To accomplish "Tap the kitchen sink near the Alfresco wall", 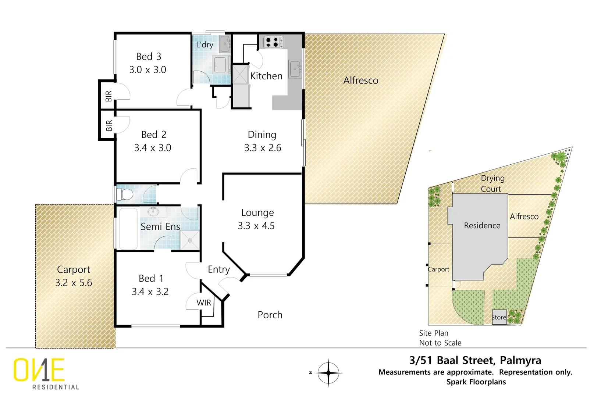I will click(x=295, y=69).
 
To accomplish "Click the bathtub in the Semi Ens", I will click(x=128, y=229).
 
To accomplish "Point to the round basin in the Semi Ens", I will click(x=153, y=211).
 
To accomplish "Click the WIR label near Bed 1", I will click(x=204, y=303).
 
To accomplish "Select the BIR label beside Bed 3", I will click(x=109, y=96).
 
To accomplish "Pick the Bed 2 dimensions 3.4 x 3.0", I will click(x=153, y=148).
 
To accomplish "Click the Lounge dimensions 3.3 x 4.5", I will click(x=256, y=226).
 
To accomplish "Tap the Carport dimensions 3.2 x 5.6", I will click(x=74, y=283).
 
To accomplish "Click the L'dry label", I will click(x=205, y=45).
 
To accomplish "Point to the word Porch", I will click(x=270, y=315).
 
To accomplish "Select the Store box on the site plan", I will click(x=499, y=317).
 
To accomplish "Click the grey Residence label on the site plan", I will click(x=482, y=225).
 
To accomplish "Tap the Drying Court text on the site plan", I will click(x=492, y=183).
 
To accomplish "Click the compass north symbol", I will click(x=328, y=373).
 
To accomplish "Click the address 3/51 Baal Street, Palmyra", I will click(x=475, y=360).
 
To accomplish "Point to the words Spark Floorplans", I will click(x=476, y=382).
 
